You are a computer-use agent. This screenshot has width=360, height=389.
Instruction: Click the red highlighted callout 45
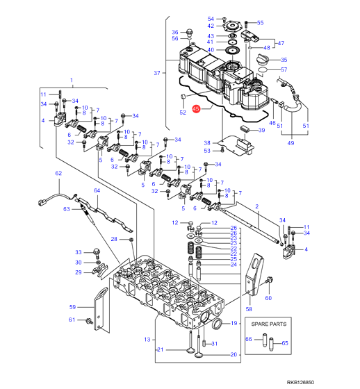click(x=196, y=108)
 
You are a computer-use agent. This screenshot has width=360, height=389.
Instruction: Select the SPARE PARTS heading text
click(x=269, y=324)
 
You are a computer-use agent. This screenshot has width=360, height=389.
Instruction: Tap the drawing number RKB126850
click(x=300, y=382)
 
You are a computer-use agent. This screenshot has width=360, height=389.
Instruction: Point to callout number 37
click(x=157, y=73)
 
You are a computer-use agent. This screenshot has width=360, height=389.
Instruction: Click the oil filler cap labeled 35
click(x=263, y=59)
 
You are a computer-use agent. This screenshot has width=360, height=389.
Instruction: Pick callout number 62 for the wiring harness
click(x=58, y=173)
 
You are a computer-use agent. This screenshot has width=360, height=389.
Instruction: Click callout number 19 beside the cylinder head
click(x=234, y=323)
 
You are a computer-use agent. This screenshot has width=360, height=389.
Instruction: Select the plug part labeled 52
click(x=183, y=97)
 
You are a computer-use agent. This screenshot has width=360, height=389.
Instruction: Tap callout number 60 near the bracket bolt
click(x=268, y=298)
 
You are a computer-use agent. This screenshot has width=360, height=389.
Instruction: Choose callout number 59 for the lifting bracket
click(x=72, y=307)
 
